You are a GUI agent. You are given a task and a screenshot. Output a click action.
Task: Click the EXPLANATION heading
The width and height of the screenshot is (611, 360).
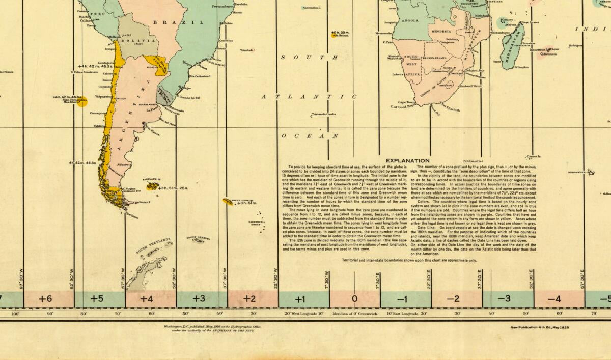[x=407, y=160]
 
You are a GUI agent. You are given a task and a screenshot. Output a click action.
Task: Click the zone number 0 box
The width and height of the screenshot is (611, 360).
[x=355, y=299]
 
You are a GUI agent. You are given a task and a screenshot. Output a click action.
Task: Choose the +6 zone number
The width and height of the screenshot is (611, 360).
[x=46, y=299]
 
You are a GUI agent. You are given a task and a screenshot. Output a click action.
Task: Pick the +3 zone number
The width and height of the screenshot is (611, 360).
[x=199, y=299]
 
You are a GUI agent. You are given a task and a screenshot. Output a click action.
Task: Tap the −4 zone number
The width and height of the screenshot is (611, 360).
[x=554, y=299]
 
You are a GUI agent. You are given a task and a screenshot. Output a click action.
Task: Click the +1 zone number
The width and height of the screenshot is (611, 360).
[x=300, y=299]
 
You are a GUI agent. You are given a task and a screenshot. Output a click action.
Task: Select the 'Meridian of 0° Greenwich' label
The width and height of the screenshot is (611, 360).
[x=354, y=314]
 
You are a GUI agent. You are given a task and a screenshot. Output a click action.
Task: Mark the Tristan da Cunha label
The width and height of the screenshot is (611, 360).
[x=324, y=114]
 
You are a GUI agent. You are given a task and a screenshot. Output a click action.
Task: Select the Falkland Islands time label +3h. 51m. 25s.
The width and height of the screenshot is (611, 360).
[x=173, y=188]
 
